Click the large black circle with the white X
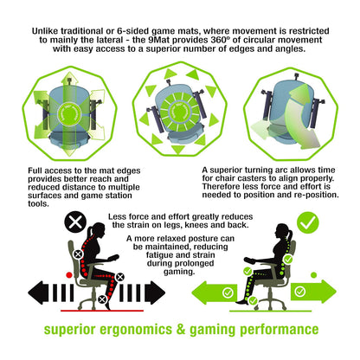coord(75,222)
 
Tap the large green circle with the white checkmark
coord(308,222)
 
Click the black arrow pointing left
coord(38,292)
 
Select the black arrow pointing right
coord(155,292)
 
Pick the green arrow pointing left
coord(214,292)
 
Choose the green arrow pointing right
coord(313,291)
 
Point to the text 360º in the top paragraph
coord(221,40)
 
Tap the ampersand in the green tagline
coord(181,329)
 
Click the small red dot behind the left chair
coord(69,275)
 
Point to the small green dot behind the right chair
coord(314,275)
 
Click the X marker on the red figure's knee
coord(119,277)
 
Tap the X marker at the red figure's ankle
coord(102,299)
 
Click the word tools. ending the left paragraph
coord(38,203)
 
